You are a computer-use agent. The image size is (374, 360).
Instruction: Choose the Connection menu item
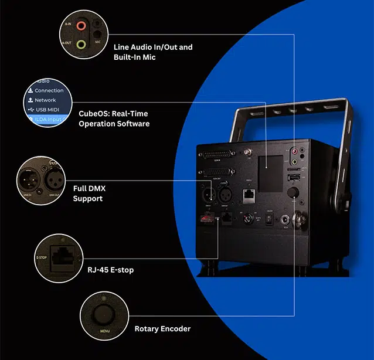click(49, 90)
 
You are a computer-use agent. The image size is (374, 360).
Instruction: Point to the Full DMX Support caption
click(89, 193)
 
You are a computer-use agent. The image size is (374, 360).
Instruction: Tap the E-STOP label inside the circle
click(41, 257)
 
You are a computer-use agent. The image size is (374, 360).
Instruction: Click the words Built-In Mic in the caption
click(135, 57)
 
